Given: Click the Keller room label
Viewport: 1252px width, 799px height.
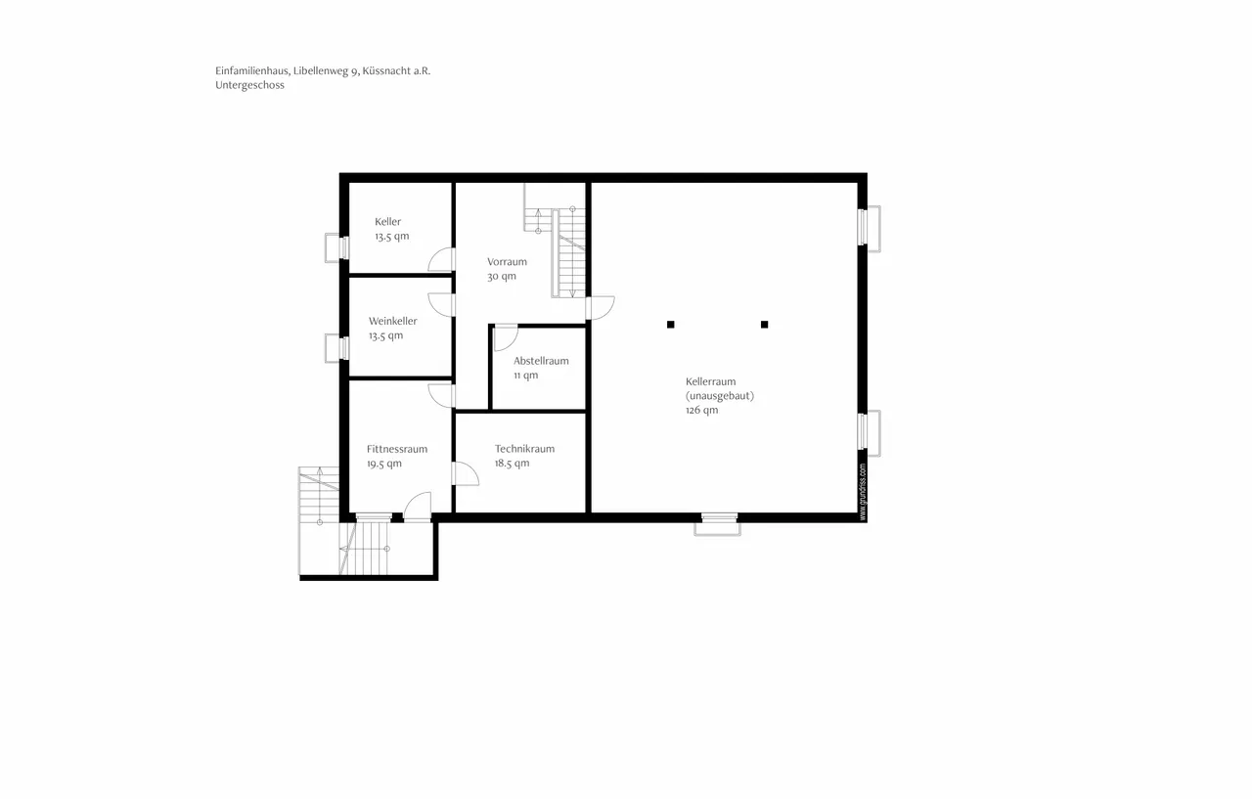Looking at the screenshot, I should pyautogui.click(x=387, y=222).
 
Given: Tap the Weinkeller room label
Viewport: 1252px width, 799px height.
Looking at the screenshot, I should pyautogui.click(x=392, y=321).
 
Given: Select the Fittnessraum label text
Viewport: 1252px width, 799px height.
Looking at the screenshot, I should pyautogui.click(x=397, y=449).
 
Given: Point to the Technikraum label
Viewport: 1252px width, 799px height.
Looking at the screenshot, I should pyautogui.click(x=524, y=449).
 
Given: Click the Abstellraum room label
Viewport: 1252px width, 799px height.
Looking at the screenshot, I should pyautogui.click(x=541, y=361).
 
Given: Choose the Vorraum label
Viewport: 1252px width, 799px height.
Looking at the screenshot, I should pyautogui.click(x=507, y=262).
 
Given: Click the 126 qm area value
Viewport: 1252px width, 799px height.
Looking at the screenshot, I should pyautogui.click(x=701, y=411).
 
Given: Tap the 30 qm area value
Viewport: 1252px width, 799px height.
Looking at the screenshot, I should pyautogui.click(x=501, y=277).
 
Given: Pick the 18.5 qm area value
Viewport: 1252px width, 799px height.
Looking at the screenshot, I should pyautogui.click(x=512, y=464).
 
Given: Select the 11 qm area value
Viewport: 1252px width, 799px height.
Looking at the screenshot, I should pyautogui.click(x=525, y=376).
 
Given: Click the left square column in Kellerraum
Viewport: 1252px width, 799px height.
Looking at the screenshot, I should pyautogui.click(x=671, y=325).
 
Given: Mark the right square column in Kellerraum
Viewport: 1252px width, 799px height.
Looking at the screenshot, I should pyautogui.click(x=765, y=325).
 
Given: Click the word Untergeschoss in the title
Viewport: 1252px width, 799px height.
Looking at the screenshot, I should pyautogui.click(x=250, y=85).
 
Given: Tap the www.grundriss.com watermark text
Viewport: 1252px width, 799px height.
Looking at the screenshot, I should pyautogui.click(x=863, y=491).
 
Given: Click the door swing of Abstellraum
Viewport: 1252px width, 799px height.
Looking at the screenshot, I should pyautogui.click(x=505, y=338).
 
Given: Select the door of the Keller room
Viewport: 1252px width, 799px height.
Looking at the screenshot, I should pyautogui.click(x=441, y=259).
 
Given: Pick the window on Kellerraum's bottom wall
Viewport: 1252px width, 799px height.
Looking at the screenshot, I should pyautogui.click(x=719, y=519).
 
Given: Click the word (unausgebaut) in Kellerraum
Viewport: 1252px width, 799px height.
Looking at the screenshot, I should pyautogui.click(x=719, y=396).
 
